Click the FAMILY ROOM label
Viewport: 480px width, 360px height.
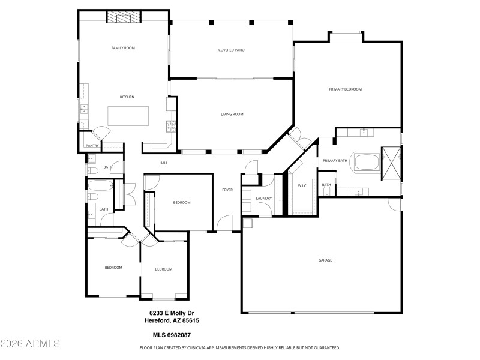coord(123,47)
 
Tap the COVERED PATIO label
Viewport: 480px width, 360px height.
coord(231,50)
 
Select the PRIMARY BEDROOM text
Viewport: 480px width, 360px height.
coord(346,89)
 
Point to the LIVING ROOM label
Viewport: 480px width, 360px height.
coord(232,114)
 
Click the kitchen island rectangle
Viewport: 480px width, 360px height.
coord(128,115)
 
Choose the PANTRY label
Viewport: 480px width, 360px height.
coord(92,146)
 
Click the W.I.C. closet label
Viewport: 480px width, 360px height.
coord(302,185)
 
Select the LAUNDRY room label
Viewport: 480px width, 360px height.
coord(264,198)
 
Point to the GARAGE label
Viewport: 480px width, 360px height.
coord(325,260)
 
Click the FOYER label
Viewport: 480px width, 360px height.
coord(227,190)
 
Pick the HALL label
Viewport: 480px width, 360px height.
coord(163,163)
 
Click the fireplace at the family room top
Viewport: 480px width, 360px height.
coord(124,17)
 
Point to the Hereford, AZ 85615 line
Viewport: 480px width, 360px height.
coord(174,320)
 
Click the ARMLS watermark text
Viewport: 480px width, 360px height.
coord(30,344)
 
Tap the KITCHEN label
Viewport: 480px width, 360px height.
coord(127,97)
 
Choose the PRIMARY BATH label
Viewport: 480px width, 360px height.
coord(335,161)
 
